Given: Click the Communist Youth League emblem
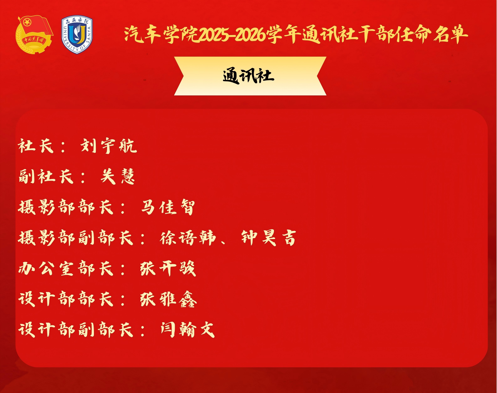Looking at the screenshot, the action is click(x=34, y=35).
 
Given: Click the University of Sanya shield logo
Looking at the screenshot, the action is click(x=77, y=35).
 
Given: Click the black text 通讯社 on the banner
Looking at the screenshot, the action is click(x=249, y=76).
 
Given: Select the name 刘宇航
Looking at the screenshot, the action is click(x=109, y=146).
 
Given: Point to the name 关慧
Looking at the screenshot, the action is click(x=117, y=176).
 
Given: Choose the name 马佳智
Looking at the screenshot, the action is click(x=168, y=207).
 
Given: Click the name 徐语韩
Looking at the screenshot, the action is click(x=188, y=238).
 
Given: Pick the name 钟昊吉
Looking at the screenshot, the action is click(x=268, y=238).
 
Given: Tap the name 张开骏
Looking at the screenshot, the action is click(x=168, y=268).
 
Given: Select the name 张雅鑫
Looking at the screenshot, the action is click(x=168, y=299).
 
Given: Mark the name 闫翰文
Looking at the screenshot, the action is click(x=188, y=330).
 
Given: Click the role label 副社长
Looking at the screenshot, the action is click(x=46, y=176).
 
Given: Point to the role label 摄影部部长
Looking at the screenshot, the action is click(x=66, y=207).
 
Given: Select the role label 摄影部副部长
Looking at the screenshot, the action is click(x=76, y=238).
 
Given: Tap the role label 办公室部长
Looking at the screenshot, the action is click(x=66, y=268).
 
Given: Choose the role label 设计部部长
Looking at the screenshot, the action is click(x=66, y=299).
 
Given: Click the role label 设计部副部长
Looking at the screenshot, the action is click(x=76, y=330).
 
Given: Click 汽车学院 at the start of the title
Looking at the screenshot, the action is click(x=161, y=35).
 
